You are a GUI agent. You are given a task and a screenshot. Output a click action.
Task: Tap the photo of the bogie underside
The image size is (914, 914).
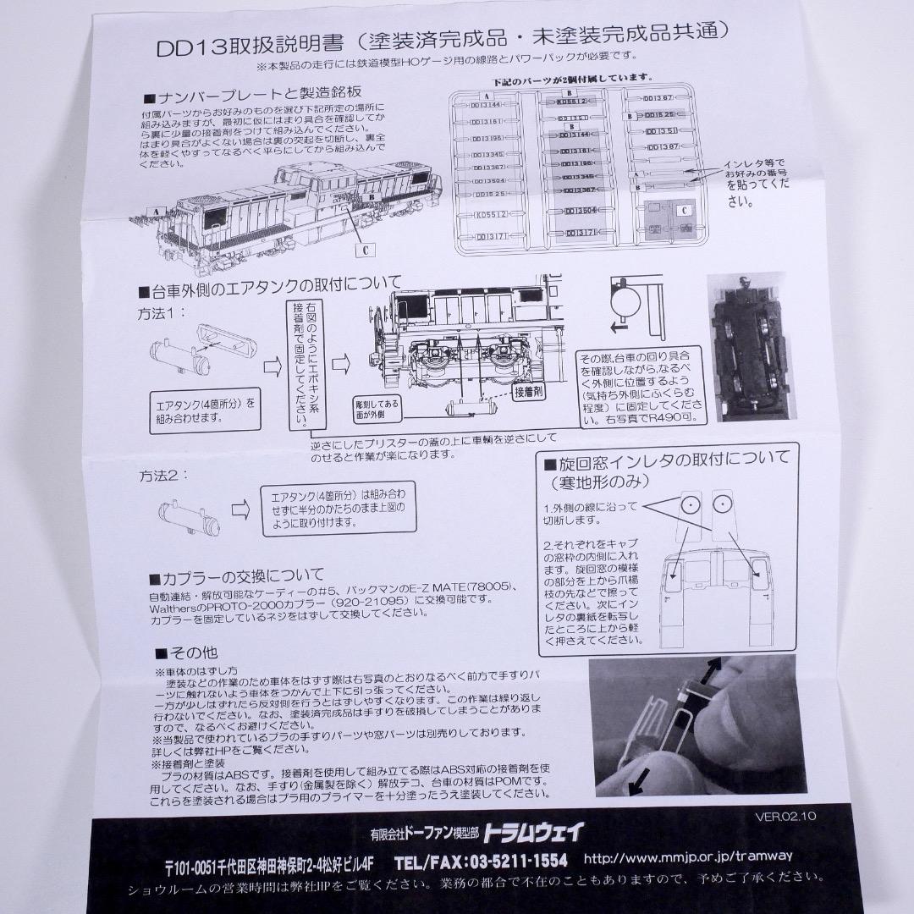(754, 348)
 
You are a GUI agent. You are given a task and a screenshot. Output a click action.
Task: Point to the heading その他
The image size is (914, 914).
(186, 652)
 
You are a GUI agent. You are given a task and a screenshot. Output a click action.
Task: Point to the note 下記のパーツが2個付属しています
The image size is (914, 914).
(567, 79)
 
